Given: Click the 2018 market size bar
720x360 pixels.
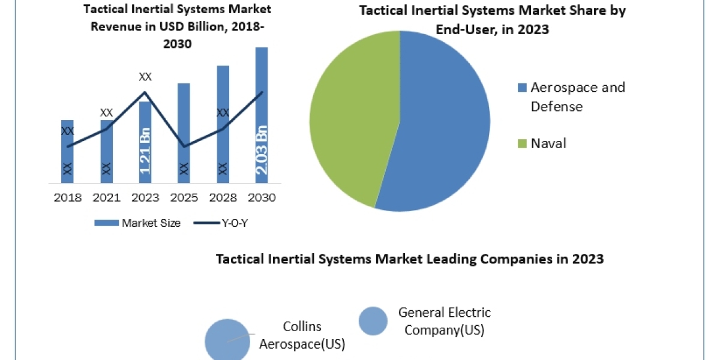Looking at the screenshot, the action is coord(67,151).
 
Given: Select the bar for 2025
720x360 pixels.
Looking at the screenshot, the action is coord(184,133).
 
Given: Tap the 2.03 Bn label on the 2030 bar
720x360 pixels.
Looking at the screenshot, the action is coord(262,150).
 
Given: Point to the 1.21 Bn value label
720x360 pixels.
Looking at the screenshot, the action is coord(145,151).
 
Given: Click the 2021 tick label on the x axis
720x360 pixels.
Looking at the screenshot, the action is coord(106,197).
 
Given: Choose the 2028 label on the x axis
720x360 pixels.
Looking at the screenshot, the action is coord(223,197).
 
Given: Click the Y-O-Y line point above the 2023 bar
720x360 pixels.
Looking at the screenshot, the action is coord(145,92).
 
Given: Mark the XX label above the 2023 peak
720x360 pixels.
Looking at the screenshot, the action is coord(145,77).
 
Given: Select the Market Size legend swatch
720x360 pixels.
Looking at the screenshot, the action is coord(106,223).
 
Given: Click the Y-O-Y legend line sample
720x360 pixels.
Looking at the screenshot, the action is coord(206,223).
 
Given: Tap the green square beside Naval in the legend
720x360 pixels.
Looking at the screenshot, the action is coord(523,143).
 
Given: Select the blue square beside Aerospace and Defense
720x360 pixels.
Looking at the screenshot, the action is coord(523,88).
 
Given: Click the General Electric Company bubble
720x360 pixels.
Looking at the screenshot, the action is coord(373,321).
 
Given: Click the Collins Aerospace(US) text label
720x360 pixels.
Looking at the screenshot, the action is coord(302,335).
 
